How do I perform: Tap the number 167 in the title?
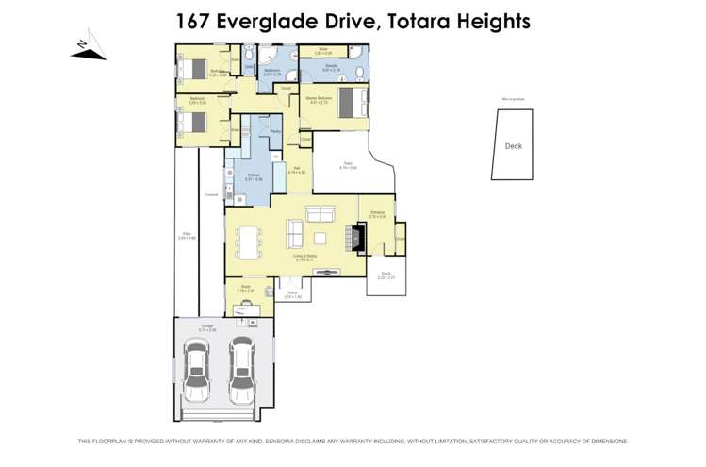coord(196,20)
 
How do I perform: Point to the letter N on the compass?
coord(83,44)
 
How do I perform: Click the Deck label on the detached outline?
coord(513,146)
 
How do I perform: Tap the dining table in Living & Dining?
coord(249,242)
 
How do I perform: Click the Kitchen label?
coord(253,175)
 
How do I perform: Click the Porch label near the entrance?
coord(385,276)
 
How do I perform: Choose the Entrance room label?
coord(377,214)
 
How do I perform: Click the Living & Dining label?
coord(303,256)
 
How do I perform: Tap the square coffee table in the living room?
coord(320,238)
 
